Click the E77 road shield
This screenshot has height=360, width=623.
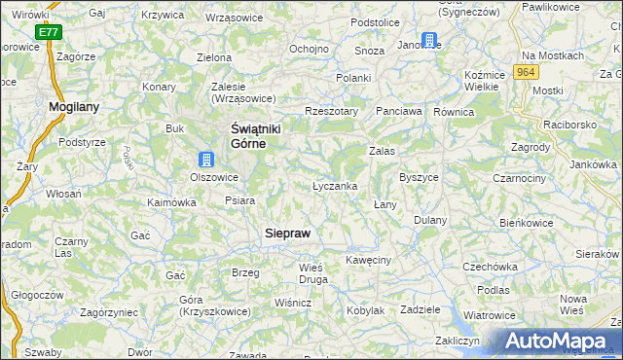[x=49, y=33]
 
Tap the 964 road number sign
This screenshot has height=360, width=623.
[x=527, y=73]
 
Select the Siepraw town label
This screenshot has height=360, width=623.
[x=287, y=234]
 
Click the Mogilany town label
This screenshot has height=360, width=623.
[x=74, y=106]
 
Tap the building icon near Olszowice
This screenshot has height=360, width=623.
[x=206, y=160]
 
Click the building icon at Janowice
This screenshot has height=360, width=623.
[x=428, y=42]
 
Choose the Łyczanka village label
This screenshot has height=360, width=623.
[x=334, y=186]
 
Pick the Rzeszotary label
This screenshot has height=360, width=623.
[x=332, y=111]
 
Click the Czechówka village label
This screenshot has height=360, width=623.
[x=489, y=266]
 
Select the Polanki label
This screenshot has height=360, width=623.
[x=353, y=78]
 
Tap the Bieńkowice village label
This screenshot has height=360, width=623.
[x=526, y=223]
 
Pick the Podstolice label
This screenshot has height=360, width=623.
[x=375, y=21]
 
